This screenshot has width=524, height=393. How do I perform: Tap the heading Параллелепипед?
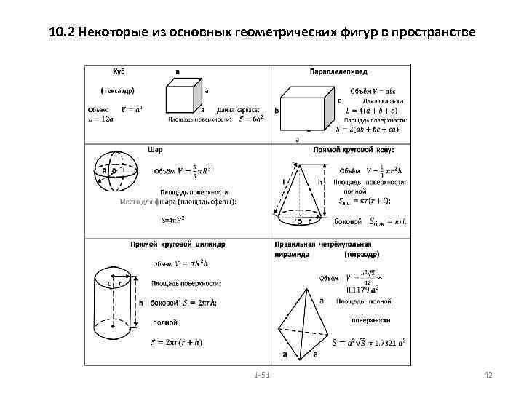click(x=338, y=72)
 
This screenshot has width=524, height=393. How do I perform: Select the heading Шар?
click(x=155, y=149)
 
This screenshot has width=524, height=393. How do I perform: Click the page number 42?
click(x=488, y=373)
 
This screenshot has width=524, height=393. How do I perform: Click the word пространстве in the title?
click(x=433, y=33)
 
